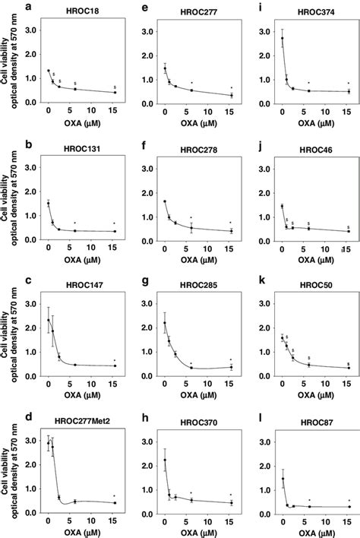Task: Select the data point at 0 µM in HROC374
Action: pyautogui.click(x=283, y=39)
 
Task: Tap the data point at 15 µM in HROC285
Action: pyautogui.click(x=231, y=367)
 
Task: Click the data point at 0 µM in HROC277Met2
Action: pyautogui.click(x=48, y=445)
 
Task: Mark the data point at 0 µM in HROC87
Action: pyautogui.click(x=283, y=478)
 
